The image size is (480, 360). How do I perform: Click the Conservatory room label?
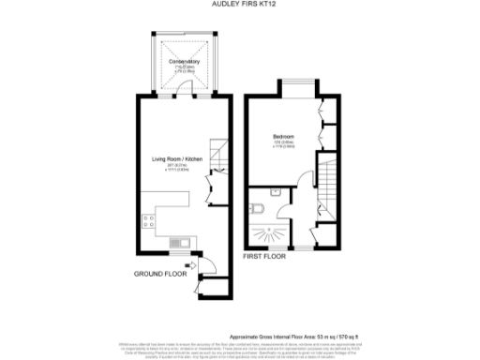pyautogui.click(x=185, y=62)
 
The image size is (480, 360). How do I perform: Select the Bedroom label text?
pyautogui.click(x=283, y=137)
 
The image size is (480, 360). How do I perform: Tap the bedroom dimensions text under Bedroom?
pyautogui.click(x=283, y=145)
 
